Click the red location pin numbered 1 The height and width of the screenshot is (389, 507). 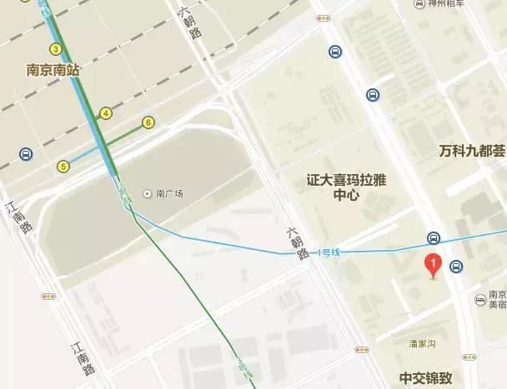(432, 264)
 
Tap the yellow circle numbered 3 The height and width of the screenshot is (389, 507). (56, 49)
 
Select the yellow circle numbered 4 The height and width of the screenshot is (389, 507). (106, 113)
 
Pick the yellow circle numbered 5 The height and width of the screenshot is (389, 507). (63, 167)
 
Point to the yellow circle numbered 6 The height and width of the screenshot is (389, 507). (148, 122)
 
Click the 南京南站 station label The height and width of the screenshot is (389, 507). (53, 71)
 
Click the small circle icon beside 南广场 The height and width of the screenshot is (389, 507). (148, 193)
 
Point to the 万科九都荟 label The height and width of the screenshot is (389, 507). (472, 151)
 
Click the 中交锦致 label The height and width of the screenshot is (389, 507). (427, 377)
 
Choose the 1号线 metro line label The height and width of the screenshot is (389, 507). (329, 252)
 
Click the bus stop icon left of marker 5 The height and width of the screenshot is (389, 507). (26, 154)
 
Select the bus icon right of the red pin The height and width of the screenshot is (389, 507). (455, 267)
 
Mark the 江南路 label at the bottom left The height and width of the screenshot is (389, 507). (83, 357)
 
